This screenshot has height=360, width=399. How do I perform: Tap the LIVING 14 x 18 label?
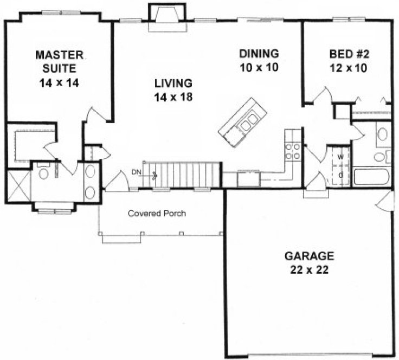pyautogui.click(x=173, y=90)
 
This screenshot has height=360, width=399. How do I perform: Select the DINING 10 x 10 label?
pyautogui.click(x=259, y=61)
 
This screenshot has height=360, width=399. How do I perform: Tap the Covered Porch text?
pyautogui.click(x=157, y=214)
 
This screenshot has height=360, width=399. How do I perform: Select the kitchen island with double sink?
pyautogui.click(x=242, y=122)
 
